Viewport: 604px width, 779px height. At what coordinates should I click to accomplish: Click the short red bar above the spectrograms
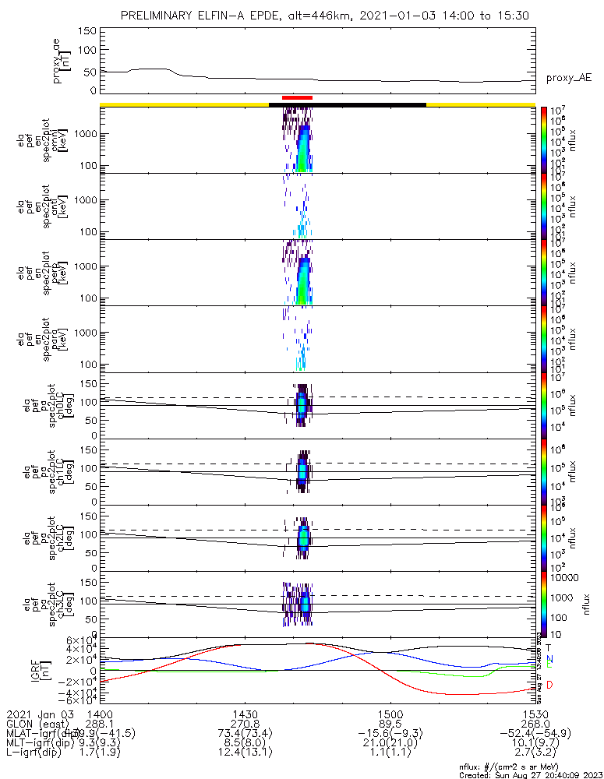click(x=297, y=97)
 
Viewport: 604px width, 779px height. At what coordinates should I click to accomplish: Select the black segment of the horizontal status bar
click(x=348, y=104)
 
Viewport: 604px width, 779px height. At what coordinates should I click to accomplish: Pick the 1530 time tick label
click(x=535, y=714)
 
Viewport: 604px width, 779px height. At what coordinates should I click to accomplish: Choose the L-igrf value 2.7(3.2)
click(x=535, y=754)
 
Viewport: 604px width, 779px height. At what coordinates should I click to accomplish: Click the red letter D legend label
click(x=549, y=685)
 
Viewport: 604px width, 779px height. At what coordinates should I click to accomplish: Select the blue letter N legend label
click(x=549, y=659)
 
